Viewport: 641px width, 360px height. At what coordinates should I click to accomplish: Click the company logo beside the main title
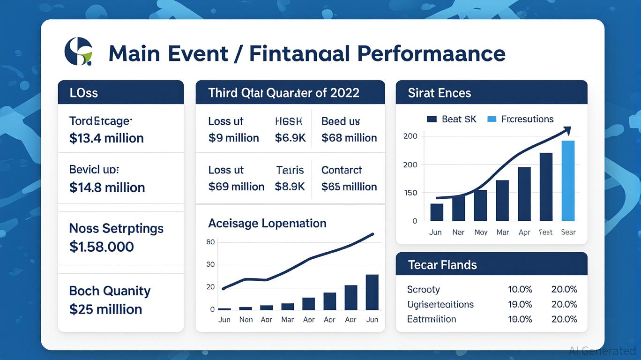(x=78, y=52)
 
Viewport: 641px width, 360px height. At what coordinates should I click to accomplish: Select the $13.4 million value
(x=106, y=138)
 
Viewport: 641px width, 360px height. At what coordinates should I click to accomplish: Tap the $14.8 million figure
(x=107, y=187)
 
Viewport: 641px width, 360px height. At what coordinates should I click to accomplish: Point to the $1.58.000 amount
(x=101, y=247)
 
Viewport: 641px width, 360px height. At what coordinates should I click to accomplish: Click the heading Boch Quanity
(x=110, y=291)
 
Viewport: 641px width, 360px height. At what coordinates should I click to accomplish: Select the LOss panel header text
(x=84, y=93)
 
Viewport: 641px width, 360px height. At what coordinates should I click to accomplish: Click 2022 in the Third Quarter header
(x=344, y=93)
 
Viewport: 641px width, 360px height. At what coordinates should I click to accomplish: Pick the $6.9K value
(x=290, y=138)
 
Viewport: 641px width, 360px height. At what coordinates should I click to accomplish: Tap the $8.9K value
(x=290, y=187)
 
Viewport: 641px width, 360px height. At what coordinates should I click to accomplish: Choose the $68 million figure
(x=349, y=138)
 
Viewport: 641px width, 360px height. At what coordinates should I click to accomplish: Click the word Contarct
(x=342, y=170)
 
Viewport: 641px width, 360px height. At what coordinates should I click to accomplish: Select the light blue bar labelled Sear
(x=568, y=181)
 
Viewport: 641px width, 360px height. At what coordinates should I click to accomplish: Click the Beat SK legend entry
(x=452, y=119)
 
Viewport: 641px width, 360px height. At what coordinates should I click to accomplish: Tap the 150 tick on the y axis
(x=410, y=193)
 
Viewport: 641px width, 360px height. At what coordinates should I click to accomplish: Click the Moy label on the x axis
(x=481, y=232)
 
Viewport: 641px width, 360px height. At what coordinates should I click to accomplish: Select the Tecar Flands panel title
(x=442, y=265)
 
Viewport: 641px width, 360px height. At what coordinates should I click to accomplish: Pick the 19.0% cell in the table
(x=520, y=304)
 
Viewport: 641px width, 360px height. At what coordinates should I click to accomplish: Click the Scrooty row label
(x=423, y=289)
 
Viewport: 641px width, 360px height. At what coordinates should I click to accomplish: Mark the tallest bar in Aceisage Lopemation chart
(x=372, y=292)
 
